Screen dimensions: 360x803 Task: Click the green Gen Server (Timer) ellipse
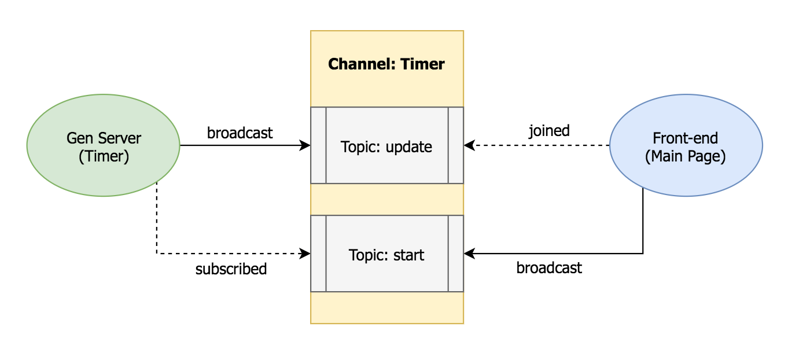point(104,146)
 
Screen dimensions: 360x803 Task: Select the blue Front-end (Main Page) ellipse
point(686,146)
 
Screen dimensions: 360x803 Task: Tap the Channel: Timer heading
point(386,64)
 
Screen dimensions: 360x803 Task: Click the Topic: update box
point(386,146)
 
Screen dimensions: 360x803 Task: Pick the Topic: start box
point(386,254)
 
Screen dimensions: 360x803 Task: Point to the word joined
point(549,131)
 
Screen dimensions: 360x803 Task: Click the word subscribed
point(231,269)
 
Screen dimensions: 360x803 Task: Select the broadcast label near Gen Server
point(240,133)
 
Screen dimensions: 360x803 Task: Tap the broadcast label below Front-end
point(549,268)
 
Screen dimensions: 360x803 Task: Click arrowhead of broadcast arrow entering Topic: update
point(306,146)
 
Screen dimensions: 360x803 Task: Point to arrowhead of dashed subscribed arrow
point(306,254)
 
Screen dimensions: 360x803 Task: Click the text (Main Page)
point(686,156)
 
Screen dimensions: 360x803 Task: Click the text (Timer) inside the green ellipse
point(104,156)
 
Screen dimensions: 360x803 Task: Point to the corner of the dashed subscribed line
point(156,254)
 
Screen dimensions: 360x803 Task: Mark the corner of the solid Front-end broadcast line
point(643,254)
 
